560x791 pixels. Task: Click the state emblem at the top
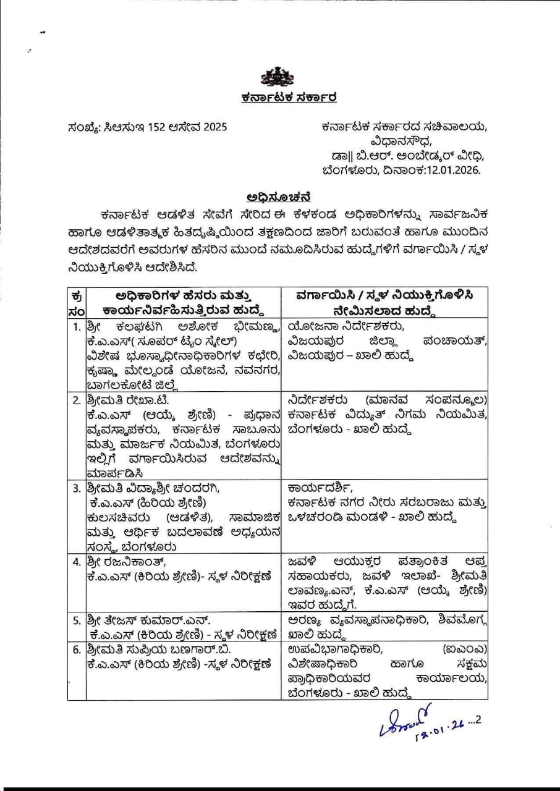[280, 77]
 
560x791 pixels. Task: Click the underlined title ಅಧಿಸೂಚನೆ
[279, 198]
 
